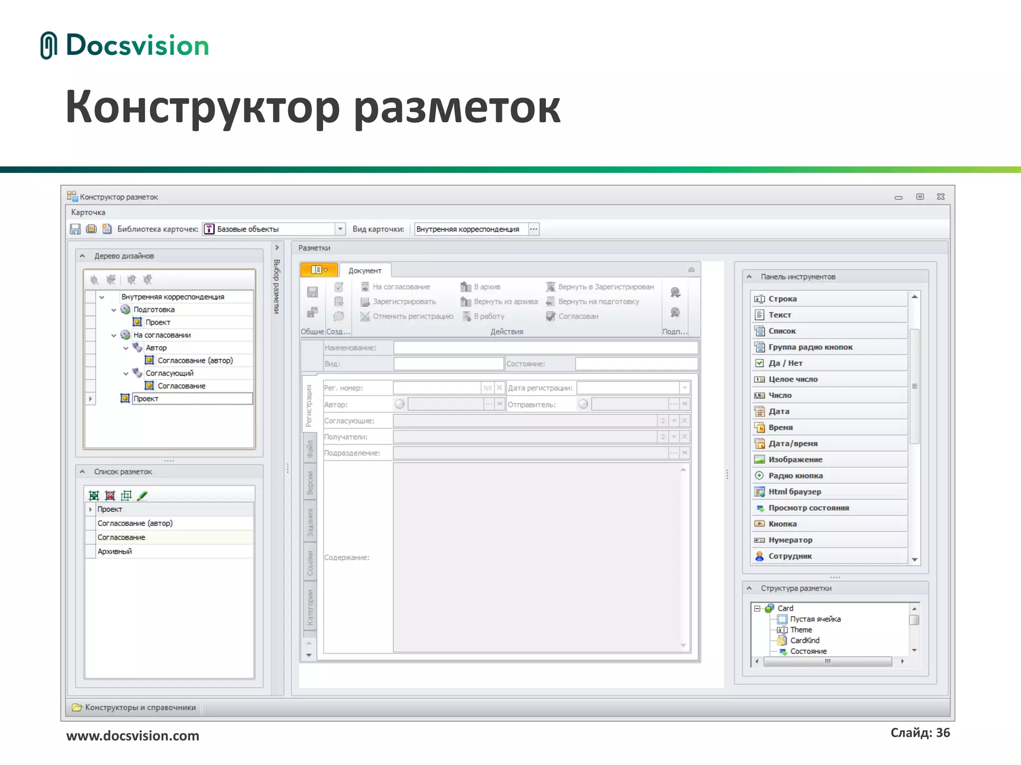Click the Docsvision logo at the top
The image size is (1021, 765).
click(125, 45)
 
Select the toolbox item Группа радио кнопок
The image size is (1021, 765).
click(810, 347)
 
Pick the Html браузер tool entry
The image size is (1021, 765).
click(794, 492)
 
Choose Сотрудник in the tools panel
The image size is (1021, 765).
click(790, 556)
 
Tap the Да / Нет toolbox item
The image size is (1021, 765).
click(785, 363)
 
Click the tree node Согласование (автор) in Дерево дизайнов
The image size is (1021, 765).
click(195, 360)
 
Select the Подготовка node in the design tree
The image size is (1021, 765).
click(154, 309)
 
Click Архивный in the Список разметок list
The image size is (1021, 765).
click(115, 551)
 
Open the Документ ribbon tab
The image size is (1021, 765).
click(364, 270)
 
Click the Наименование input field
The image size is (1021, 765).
click(545, 348)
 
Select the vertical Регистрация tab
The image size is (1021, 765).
click(309, 405)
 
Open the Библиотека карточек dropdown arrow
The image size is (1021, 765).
click(340, 229)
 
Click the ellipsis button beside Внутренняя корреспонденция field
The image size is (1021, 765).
click(533, 229)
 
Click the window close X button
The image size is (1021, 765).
click(941, 197)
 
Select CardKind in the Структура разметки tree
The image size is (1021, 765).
click(805, 640)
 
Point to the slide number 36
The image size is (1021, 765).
click(920, 733)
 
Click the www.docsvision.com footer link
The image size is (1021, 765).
click(133, 736)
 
